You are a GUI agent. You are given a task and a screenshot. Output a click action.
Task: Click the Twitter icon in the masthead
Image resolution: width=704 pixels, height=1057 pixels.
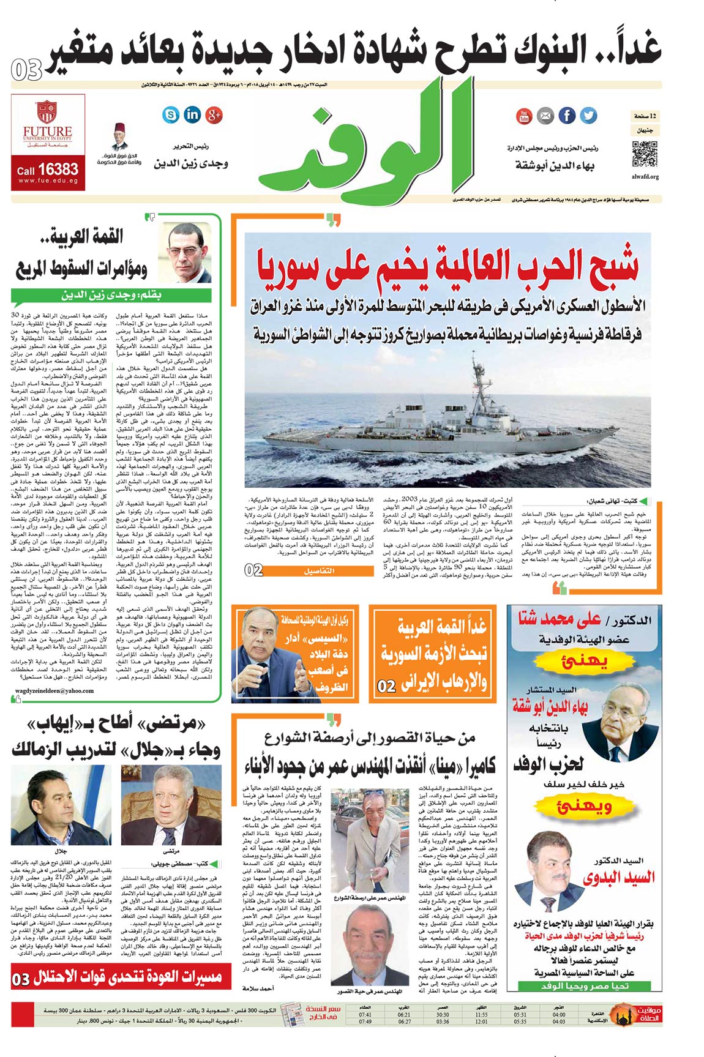click(x=588, y=115)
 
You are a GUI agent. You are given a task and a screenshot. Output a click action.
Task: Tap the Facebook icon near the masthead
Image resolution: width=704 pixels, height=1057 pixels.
click(x=567, y=115)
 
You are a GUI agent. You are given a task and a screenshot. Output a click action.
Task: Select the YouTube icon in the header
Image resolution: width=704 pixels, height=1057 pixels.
click(x=524, y=116)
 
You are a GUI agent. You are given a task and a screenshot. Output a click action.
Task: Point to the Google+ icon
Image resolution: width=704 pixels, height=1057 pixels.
click(x=214, y=114)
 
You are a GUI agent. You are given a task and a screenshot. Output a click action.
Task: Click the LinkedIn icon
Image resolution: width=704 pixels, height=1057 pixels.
click(x=192, y=114)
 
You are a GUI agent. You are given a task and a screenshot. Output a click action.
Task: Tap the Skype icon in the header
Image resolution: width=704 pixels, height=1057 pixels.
click(x=171, y=114)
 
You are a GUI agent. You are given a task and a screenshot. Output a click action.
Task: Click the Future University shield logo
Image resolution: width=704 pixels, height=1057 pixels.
click(x=47, y=113)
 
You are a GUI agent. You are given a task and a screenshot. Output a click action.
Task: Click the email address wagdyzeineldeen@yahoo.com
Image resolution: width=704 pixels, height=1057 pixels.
click(x=54, y=691)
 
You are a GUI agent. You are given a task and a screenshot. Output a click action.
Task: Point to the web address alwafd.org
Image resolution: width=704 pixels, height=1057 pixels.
click(x=645, y=177)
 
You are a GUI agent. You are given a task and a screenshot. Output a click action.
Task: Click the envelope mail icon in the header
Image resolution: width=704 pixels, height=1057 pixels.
click(x=545, y=116)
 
